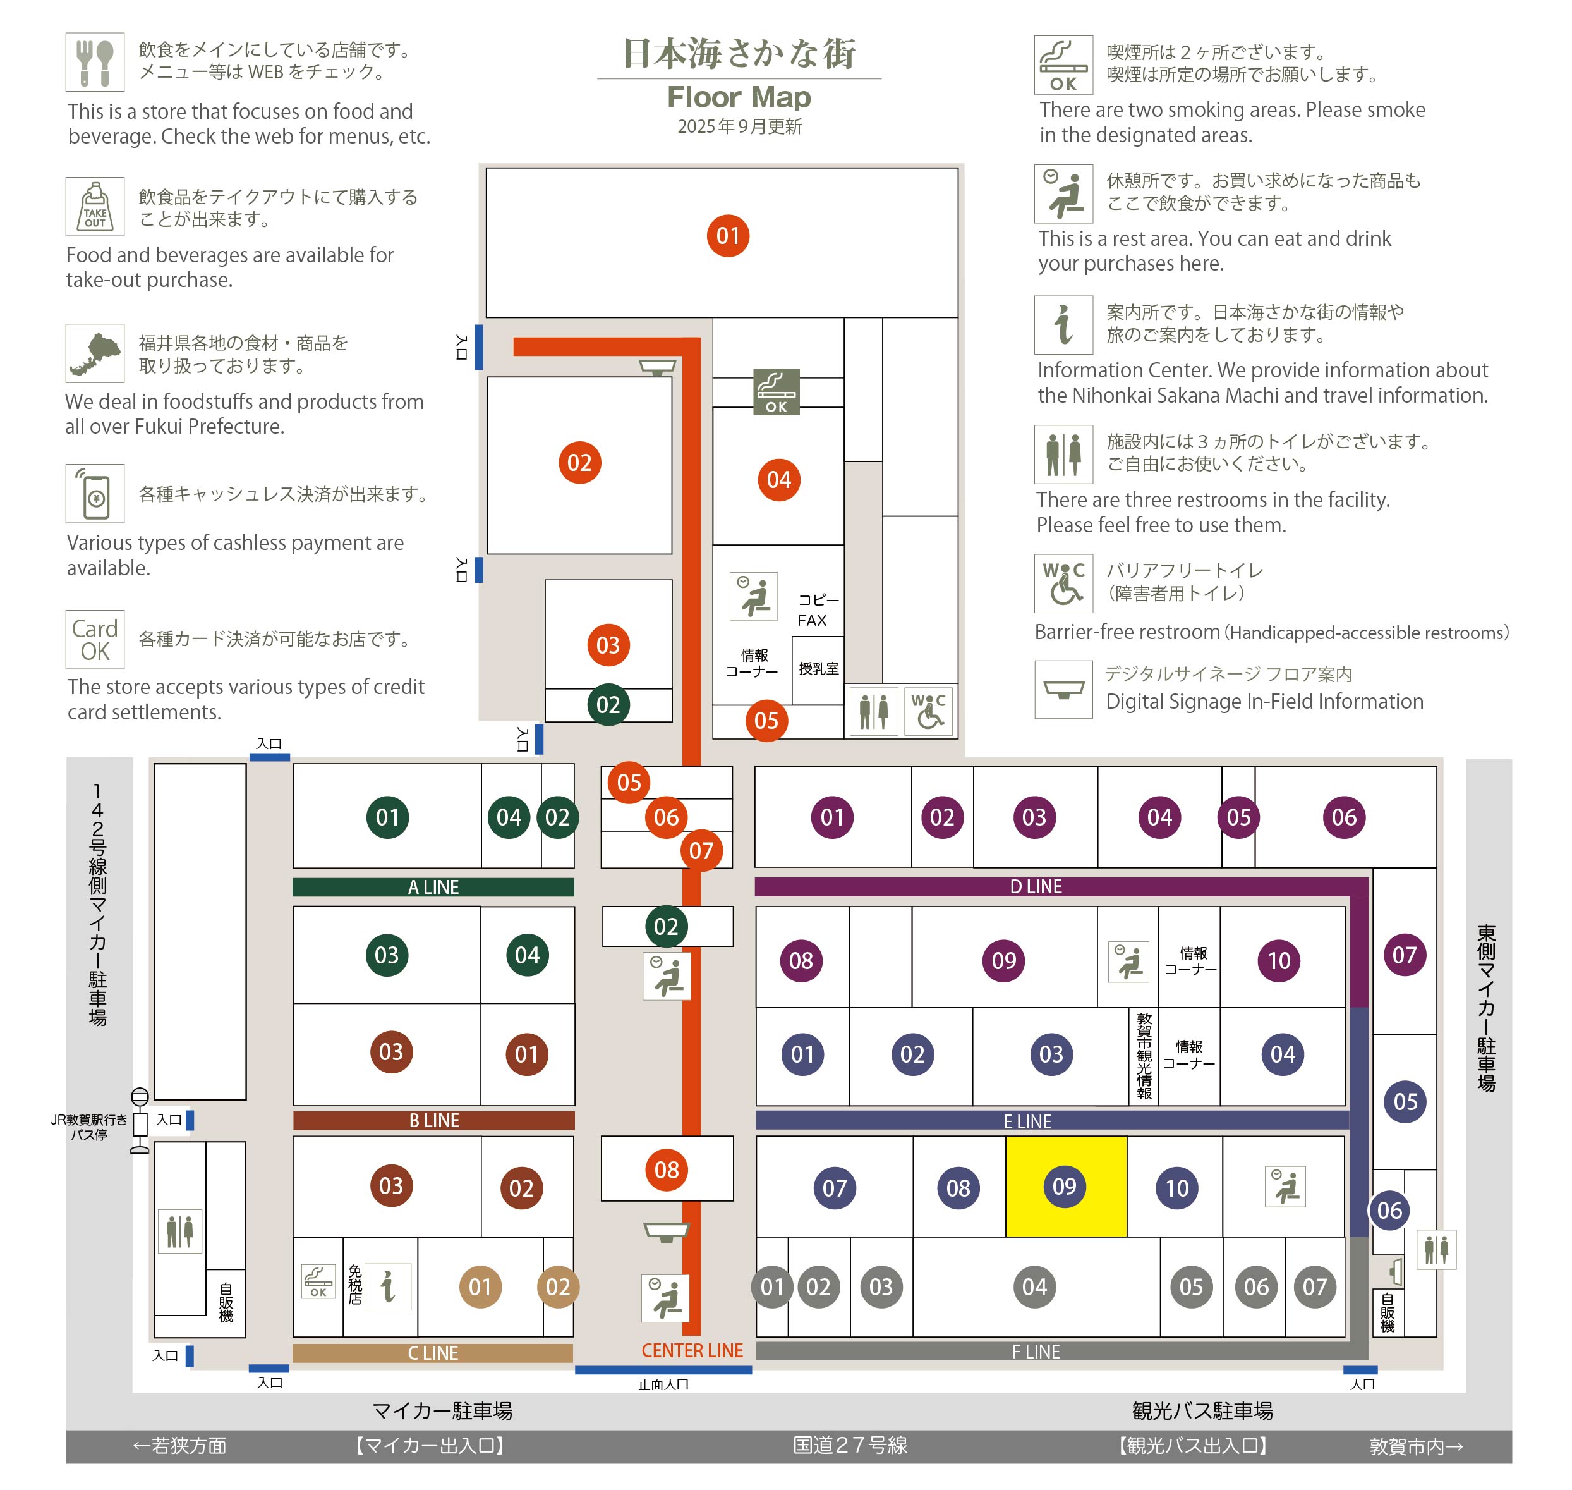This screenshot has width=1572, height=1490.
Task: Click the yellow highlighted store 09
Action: tap(1065, 1186)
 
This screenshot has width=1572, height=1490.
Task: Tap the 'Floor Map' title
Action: tap(739, 97)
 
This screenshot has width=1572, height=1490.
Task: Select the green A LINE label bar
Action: tap(433, 887)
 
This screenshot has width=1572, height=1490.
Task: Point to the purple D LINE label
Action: tap(1036, 886)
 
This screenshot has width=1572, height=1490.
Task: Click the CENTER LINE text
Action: tap(692, 1351)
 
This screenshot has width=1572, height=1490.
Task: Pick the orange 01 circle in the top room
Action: tap(728, 236)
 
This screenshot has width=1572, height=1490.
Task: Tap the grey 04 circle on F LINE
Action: tap(1034, 1286)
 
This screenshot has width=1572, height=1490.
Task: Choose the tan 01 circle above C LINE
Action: tap(480, 1286)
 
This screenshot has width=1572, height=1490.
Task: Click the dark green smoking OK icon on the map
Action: tap(776, 391)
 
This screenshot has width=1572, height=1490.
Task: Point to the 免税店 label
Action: tap(355, 1285)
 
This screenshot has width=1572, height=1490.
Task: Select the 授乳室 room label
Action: tap(819, 669)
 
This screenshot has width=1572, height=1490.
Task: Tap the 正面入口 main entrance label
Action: tap(663, 1384)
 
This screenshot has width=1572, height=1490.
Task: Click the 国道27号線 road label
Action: tap(850, 1446)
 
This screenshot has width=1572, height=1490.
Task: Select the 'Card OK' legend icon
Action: tap(95, 639)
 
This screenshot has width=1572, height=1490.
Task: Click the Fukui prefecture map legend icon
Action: tap(95, 353)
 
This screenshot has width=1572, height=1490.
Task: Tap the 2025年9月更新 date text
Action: tap(739, 126)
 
